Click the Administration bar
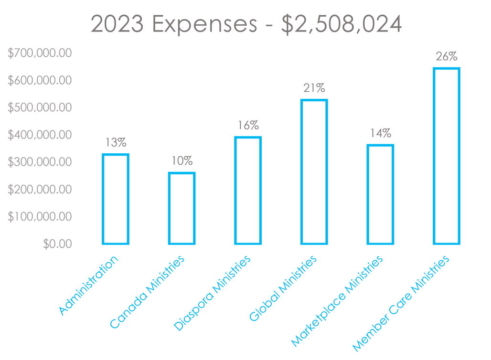(116, 199)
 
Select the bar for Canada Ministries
(181, 208)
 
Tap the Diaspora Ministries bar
(248, 191)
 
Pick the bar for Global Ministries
(314, 172)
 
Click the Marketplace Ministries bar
(380, 194)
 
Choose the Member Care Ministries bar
(446, 156)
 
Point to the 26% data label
(446, 56)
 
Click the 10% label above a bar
(181, 160)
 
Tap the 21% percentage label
(314, 88)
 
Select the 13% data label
(116, 142)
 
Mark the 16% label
(248, 126)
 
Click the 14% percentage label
(380, 133)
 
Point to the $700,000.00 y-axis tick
(40, 53)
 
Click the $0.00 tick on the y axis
(57, 244)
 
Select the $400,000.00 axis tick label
(40, 135)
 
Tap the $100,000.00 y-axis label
(40, 217)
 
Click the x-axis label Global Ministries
(284, 288)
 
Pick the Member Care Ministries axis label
(401, 303)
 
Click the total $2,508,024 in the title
(341, 24)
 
